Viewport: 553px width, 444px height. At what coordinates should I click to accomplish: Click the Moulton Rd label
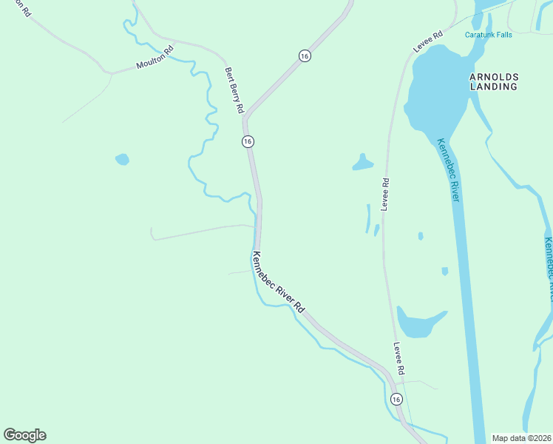[x=155, y=58]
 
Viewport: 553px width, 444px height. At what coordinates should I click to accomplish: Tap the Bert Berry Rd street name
[x=234, y=90]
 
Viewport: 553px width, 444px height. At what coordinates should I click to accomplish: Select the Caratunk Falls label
[x=488, y=35]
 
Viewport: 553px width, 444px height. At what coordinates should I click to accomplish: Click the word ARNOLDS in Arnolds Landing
[x=494, y=77]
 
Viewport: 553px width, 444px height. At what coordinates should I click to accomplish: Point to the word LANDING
[x=494, y=87]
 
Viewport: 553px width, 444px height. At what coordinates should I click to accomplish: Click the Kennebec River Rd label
[x=279, y=283]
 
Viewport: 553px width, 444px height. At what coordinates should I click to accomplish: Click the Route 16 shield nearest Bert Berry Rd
[x=248, y=141]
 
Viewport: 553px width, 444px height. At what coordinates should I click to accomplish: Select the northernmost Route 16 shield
[x=305, y=55]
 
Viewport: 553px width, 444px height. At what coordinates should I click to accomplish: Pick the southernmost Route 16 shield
[x=396, y=400]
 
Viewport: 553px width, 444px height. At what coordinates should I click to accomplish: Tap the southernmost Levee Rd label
[x=398, y=357]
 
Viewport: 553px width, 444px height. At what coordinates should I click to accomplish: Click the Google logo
[x=24, y=435]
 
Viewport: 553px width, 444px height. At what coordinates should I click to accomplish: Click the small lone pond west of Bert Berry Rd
[x=122, y=159]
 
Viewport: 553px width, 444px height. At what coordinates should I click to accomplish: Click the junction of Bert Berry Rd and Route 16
[x=245, y=118]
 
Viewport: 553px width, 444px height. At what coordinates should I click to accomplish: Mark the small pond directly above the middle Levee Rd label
[x=362, y=163]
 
